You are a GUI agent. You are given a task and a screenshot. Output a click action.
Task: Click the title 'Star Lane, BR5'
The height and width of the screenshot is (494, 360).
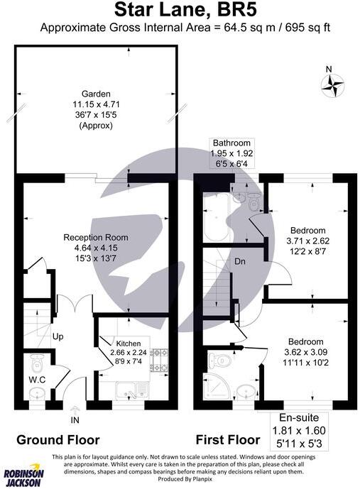pos(180,10)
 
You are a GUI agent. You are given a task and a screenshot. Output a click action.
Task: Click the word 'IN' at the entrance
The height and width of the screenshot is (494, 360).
pos(75,419)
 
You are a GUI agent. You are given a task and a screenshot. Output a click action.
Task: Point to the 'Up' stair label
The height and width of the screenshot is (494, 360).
pos(59,336)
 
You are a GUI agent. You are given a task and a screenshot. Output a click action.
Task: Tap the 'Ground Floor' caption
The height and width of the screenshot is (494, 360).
pos(58,439)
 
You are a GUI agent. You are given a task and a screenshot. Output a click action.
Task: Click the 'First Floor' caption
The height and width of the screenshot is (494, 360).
pos(229,439)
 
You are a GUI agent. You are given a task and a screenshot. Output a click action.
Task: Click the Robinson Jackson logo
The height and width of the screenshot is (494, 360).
pos(23,478)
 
